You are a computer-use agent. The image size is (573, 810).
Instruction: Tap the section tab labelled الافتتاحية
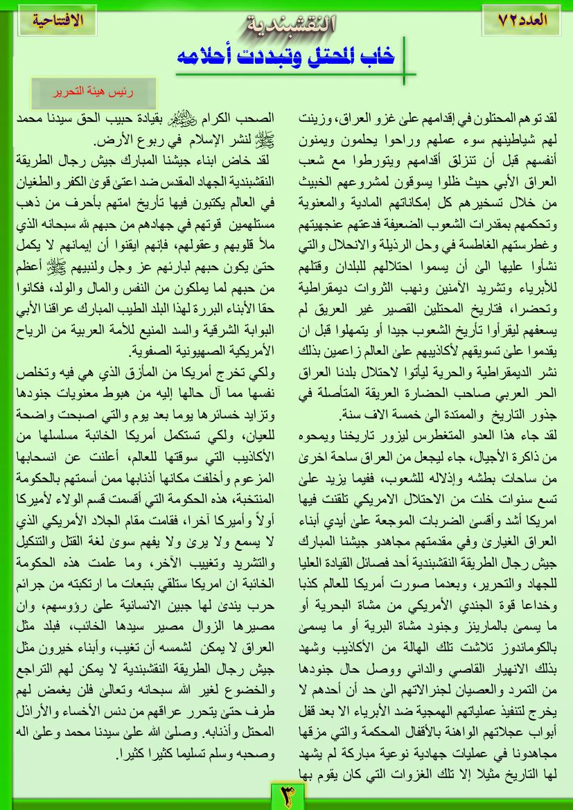pyautogui.click(x=58, y=19)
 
